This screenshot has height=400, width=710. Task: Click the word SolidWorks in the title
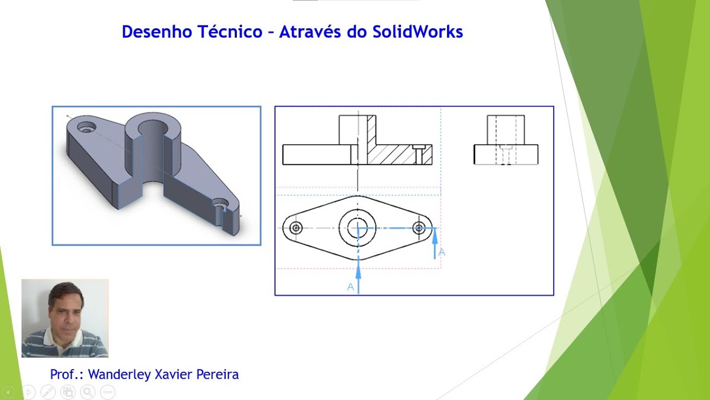(418, 32)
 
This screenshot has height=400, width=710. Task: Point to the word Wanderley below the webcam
(119, 374)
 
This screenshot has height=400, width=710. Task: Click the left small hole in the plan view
(296, 228)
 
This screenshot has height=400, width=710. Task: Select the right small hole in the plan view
(419, 228)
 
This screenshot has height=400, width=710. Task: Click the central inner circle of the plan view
(358, 227)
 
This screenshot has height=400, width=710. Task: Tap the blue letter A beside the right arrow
(442, 252)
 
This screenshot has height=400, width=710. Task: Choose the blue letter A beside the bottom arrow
(351, 287)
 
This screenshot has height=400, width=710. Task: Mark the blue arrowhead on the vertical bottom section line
(358, 272)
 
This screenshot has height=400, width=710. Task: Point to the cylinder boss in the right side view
(506, 129)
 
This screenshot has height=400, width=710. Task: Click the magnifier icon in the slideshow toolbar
(88, 392)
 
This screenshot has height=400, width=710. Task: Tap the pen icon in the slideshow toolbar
(48, 392)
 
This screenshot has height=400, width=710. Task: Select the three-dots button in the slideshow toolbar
(108, 392)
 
